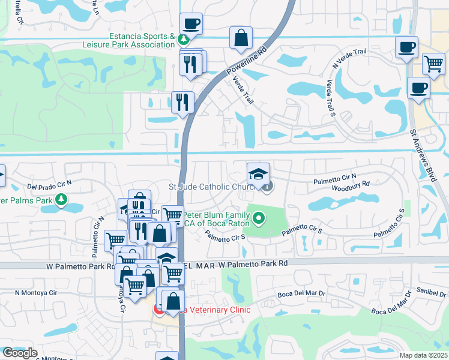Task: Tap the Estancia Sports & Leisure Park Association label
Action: (142, 40)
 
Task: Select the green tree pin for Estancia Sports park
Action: (183, 40)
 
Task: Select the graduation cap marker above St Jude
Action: (259, 174)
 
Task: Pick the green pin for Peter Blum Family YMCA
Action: (259, 218)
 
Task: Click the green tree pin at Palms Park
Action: (60, 199)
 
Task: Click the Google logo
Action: (20, 353)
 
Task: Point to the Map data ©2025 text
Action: (423, 355)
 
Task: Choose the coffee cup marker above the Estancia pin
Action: (191, 24)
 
